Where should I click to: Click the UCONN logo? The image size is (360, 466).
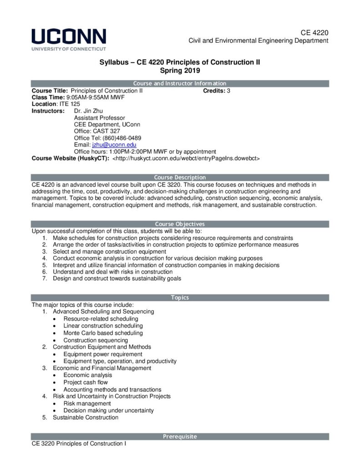69,39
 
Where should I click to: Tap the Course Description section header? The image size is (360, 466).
180,177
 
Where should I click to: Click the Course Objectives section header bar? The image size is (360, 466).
180,224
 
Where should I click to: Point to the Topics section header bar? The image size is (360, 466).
180,298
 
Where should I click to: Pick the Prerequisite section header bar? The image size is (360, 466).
180,436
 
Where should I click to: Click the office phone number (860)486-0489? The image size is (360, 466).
120,138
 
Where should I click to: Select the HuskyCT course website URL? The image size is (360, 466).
186,158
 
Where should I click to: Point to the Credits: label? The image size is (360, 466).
214,91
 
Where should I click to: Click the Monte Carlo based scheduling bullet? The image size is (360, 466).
103,333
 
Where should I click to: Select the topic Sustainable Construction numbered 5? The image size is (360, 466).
86,417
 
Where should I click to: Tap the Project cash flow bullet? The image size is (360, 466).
86,382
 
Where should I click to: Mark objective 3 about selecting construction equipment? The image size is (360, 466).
109,251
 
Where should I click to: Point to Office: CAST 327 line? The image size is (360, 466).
97,131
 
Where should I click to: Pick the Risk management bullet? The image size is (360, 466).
87,403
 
